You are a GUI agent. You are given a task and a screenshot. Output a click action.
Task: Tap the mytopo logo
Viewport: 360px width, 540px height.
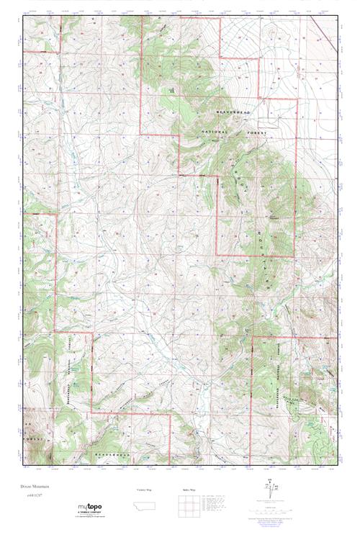89,508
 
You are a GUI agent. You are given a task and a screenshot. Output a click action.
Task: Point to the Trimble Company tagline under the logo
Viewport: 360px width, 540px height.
90,515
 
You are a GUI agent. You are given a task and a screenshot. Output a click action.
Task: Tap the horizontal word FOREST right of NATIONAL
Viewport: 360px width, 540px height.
256,133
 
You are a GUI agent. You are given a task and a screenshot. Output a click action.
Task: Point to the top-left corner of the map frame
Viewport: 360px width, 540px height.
23,17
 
